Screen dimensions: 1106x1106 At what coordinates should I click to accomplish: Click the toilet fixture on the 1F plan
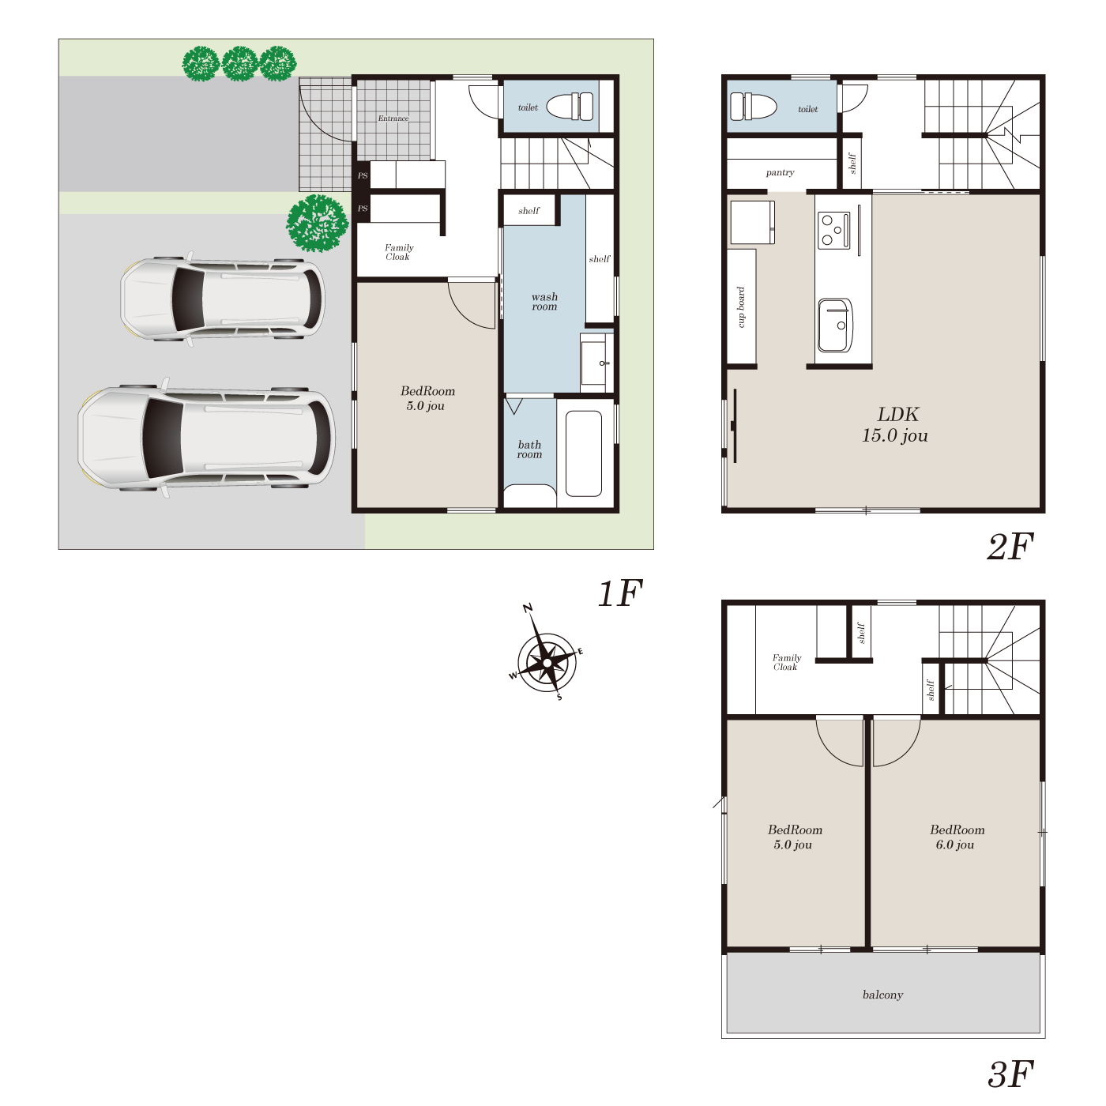(570, 107)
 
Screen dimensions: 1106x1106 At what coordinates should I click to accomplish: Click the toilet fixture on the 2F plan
(753, 107)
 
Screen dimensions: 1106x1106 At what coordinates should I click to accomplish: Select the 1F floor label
(620, 592)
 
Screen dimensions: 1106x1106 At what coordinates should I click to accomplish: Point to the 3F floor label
(1010, 1074)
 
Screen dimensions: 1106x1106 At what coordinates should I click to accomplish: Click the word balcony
(882, 995)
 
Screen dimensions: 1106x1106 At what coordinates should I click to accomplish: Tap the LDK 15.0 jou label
(895, 424)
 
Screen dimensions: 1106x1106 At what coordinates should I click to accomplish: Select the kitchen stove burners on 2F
(833, 230)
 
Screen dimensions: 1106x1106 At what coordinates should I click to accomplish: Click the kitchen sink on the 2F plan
(835, 325)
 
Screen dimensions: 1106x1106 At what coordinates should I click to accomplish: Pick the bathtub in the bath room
(584, 453)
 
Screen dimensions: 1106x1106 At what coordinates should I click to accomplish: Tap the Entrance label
(393, 118)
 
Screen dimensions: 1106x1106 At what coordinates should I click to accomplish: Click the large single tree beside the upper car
(318, 224)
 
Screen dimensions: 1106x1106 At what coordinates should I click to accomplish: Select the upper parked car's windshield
(188, 299)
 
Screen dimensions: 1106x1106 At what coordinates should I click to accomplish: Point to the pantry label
(780, 173)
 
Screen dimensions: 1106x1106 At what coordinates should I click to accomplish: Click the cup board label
(741, 307)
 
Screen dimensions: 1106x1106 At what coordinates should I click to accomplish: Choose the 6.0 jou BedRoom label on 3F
(957, 837)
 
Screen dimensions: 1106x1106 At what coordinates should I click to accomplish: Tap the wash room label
(544, 301)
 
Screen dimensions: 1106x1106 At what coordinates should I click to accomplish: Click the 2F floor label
(1010, 547)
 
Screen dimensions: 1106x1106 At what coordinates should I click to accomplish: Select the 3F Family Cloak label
(786, 662)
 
